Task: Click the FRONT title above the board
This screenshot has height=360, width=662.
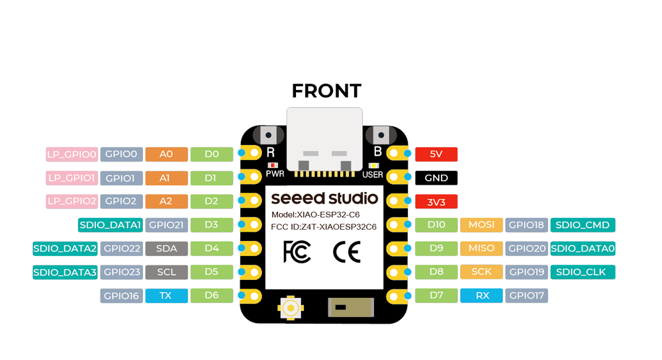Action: pos(326,91)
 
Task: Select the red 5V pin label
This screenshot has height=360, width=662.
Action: pos(436,154)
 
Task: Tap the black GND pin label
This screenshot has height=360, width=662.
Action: pos(436,178)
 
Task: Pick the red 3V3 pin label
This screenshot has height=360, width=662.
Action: pos(436,202)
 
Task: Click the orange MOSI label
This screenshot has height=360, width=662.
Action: pos(481,225)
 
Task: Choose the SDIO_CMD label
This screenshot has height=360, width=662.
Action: pos(583,225)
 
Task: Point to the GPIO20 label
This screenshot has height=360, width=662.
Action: pos(526,249)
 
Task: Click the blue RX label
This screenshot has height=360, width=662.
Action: pos(481,296)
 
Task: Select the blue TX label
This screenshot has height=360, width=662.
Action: pos(166,296)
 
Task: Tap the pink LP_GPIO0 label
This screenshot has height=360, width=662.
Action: pos(71,154)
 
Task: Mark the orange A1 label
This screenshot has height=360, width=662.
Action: pos(166,178)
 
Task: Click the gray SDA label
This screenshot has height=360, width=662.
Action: pos(166,249)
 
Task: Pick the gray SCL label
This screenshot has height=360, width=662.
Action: pos(166,272)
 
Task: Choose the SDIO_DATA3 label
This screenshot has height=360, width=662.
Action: pos(66,272)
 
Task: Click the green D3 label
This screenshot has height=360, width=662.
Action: pos(212,225)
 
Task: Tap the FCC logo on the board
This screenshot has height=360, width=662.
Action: pos(297,252)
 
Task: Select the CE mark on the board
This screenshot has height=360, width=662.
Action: pos(346,252)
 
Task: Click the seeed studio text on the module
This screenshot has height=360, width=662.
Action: pos(324,198)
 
